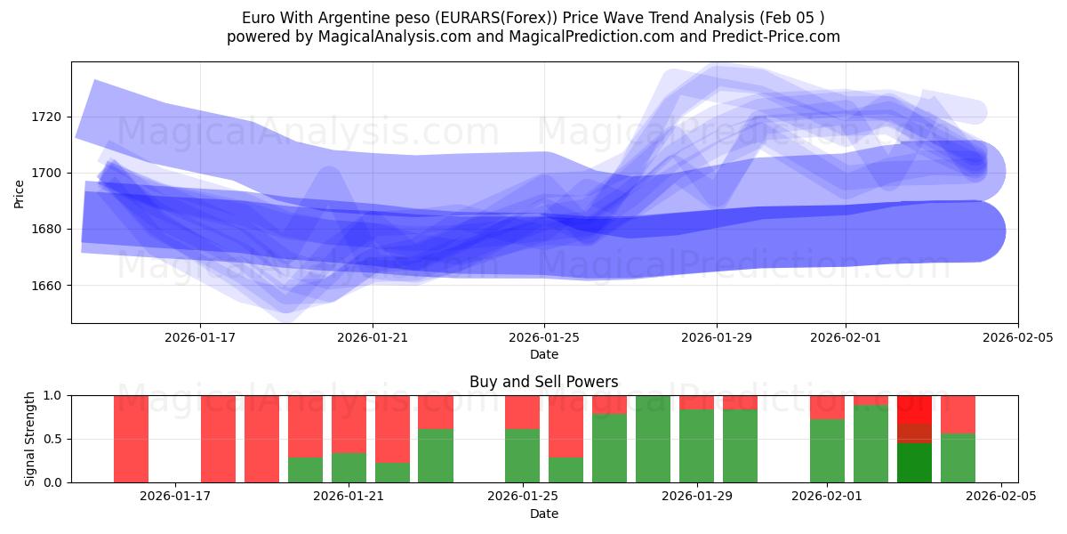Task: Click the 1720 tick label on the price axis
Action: click(x=46, y=117)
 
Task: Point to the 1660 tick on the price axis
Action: click(x=46, y=286)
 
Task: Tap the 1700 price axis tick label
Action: click(x=46, y=173)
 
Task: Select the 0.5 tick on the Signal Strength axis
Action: click(x=52, y=439)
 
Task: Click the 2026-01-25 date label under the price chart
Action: click(x=544, y=338)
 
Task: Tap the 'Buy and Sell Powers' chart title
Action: click(x=544, y=382)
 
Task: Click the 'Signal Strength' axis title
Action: click(x=30, y=438)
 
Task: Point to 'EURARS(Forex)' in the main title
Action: click(x=476, y=18)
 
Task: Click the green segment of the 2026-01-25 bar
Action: click(x=523, y=456)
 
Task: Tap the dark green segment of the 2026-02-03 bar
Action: click(x=915, y=463)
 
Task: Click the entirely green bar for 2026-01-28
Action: click(x=654, y=439)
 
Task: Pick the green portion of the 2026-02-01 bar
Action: click(x=827, y=451)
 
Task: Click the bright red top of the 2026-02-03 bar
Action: click(x=915, y=409)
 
